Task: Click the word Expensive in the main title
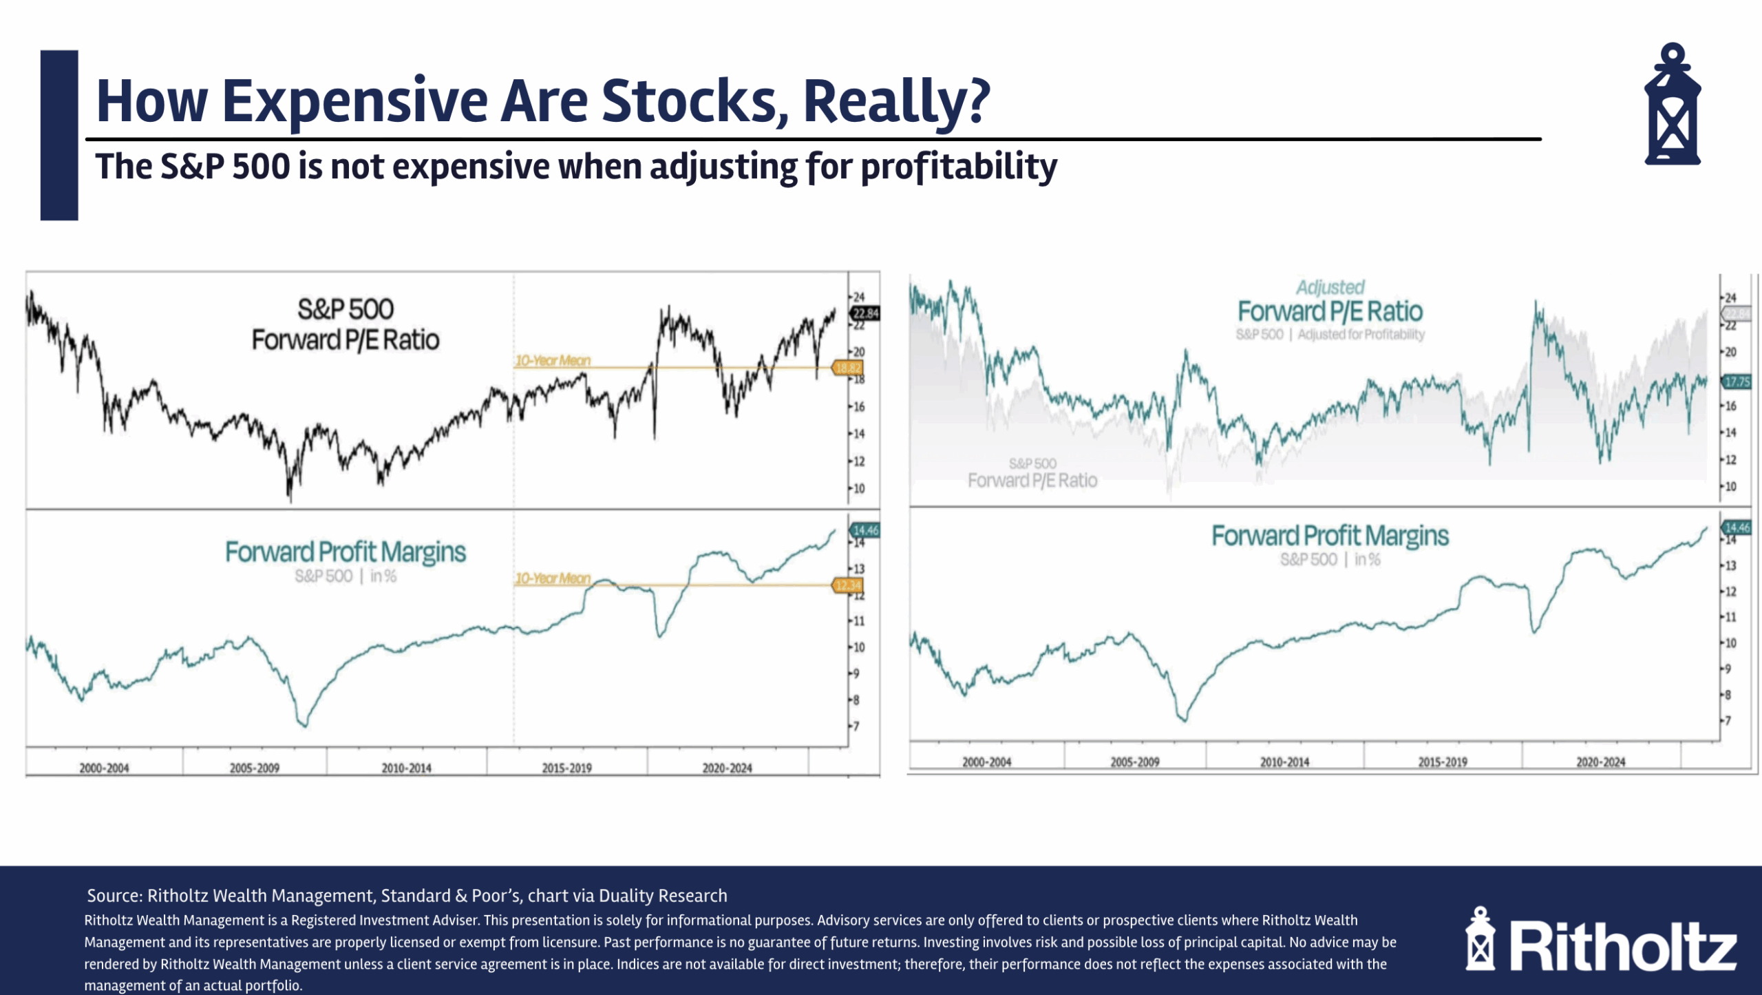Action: (x=354, y=101)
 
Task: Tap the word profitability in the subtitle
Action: (x=958, y=167)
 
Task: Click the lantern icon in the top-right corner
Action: (x=1672, y=105)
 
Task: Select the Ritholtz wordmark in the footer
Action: (x=1623, y=947)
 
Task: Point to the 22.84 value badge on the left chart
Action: (x=865, y=313)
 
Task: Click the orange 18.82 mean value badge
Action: (x=847, y=368)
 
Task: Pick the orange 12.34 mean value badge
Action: (x=847, y=585)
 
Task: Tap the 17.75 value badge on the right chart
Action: (x=1735, y=381)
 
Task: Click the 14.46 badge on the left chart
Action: (x=865, y=530)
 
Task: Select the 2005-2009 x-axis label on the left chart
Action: (x=254, y=768)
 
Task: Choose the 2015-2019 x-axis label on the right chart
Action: (x=1442, y=762)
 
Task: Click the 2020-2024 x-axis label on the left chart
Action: (x=727, y=768)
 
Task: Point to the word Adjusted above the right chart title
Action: (x=1330, y=287)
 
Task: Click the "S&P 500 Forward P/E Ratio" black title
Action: (x=345, y=324)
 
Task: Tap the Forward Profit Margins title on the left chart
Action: (x=345, y=552)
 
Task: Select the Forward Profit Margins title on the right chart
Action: (x=1330, y=536)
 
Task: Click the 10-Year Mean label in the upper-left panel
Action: (x=553, y=360)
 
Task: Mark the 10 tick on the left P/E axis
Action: (x=860, y=488)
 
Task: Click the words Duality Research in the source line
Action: (x=663, y=895)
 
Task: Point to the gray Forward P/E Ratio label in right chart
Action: (x=1032, y=480)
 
